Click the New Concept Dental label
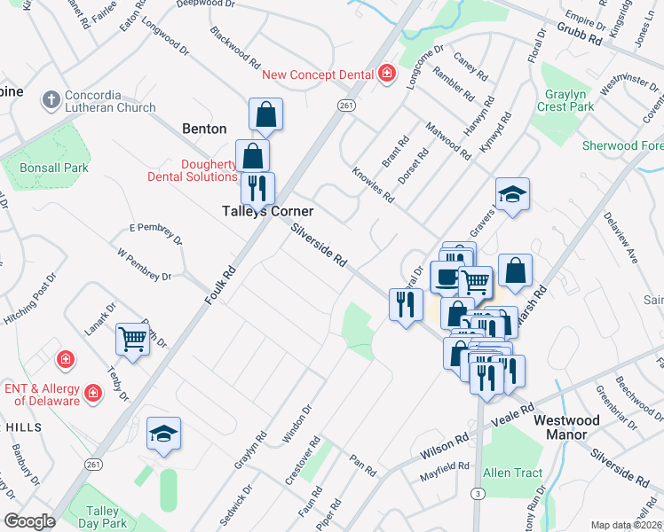pyautogui.click(x=317, y=74)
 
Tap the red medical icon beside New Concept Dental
pyautogui.click(x=386, y=74)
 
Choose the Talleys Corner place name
pyautogui.click(x=267, y=212)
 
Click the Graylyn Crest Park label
pyautogui.click(x=565, y=100)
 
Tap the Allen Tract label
pyautogui.click(x=513, y=473)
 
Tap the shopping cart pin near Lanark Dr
pyautogui.click(x=133, y=338)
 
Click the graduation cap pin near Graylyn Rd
pyautogui.click(x=163, y=434)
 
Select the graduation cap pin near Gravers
pyautogui.click(x=512, y=194)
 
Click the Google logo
pyautogui.click(x=29, y=521)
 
